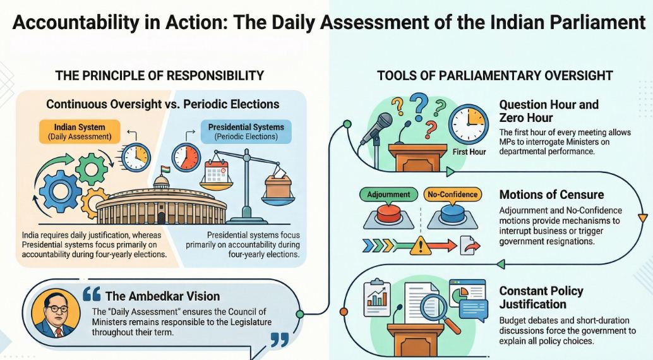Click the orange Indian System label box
point(80,131)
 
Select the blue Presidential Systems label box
point(246,131)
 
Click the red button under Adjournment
point(388,213)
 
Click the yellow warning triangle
point(421,246)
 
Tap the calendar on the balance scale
point(216,174)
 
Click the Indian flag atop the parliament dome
point(165,171)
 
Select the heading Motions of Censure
point(551,195)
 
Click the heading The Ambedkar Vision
point(162,296)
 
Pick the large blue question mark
point(419,104)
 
